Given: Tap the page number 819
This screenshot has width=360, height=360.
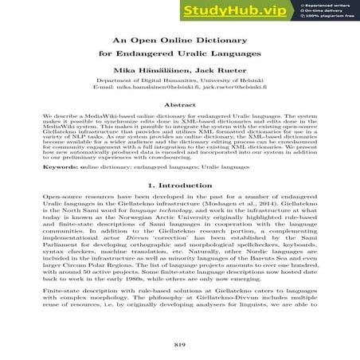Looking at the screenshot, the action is click(x=179, y=344).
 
